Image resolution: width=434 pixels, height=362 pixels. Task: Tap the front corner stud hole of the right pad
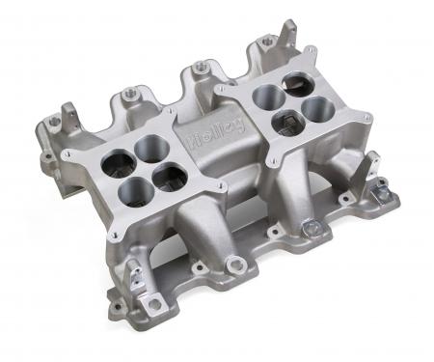pos(276,157)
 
